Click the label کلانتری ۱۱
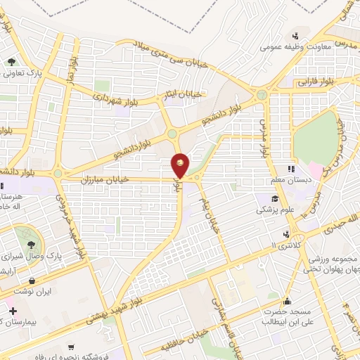click(283, 247)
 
